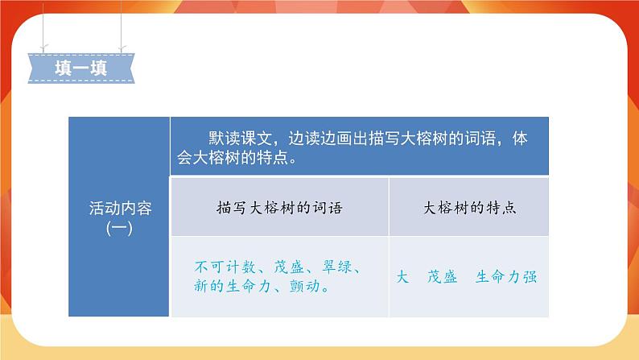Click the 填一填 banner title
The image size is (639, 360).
pyautogui.click(x=80, y=67)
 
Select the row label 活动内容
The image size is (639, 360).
pyautogui.click(x=119, y=208)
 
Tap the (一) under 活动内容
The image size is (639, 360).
pyautogui.click(x=119, y=228)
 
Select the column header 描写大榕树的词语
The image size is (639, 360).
pyautogui.click(x=279, y=208)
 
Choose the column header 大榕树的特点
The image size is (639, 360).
pyautogui.click(x=469, y=208)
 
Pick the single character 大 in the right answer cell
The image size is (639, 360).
pyautogui.click(x=403, y=276)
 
